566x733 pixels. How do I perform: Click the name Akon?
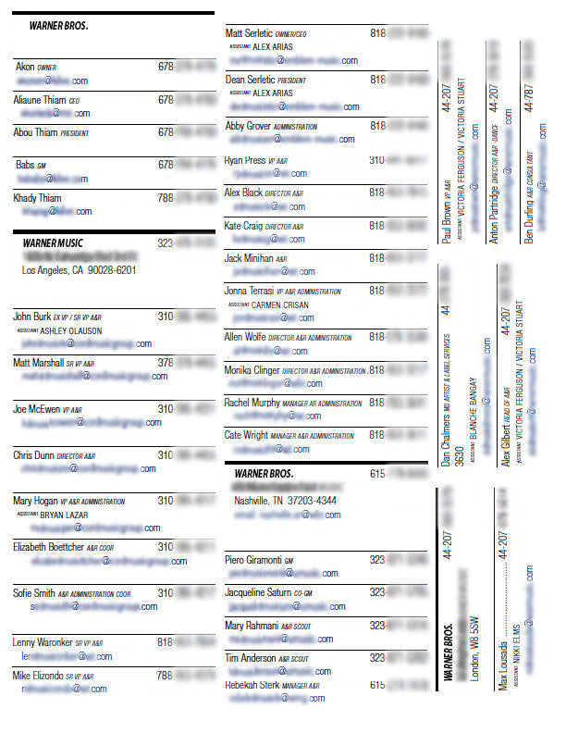25,67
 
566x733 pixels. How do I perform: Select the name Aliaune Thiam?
38,100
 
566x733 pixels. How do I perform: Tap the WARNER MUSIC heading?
54,242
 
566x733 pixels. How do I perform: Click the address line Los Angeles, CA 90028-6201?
80,270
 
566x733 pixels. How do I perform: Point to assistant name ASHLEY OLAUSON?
71,330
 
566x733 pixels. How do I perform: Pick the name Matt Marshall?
37,364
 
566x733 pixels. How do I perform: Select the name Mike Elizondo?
37,676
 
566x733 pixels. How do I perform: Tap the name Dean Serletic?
251,80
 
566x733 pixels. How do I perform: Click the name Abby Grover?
247,126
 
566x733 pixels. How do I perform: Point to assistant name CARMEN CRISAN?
282,304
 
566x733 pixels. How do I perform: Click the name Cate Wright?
246,434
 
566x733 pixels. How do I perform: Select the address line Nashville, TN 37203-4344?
285,501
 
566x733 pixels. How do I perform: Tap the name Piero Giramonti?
253,560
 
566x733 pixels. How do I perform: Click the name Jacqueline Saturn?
260,591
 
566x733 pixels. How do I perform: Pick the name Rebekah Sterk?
252,686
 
